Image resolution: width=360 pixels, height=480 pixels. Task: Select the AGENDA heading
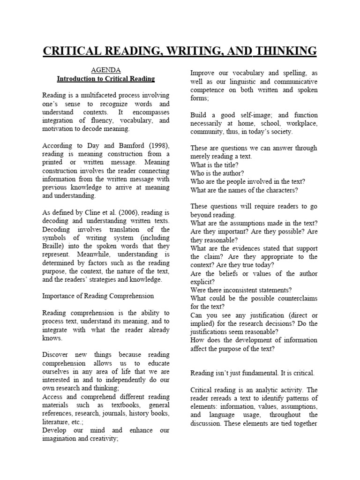coord(105,70)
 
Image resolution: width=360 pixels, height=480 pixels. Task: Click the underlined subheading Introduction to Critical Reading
coord(105,79)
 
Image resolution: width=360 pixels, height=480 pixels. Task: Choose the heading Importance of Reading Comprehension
coord(98,296)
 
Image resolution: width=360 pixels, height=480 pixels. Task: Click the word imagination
coord(60,439)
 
